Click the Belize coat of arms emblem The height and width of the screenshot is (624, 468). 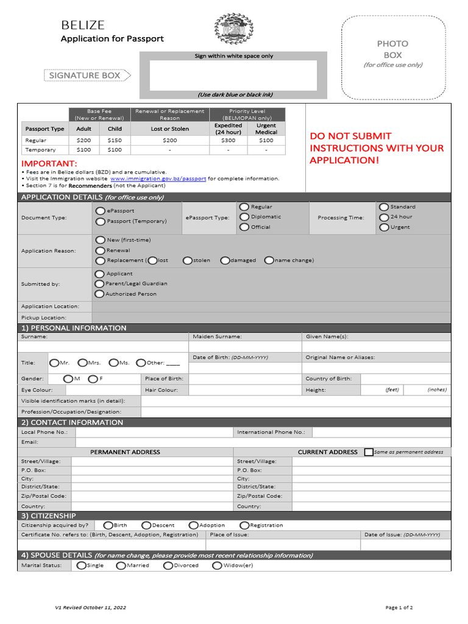coord(233,29)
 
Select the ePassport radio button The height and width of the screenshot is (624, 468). coord(100,211)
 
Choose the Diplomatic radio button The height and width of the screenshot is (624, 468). coord(244,216)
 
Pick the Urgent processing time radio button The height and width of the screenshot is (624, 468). coord(383,227)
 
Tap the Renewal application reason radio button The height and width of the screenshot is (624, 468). coord(100,250)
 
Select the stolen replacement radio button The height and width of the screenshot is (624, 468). coord(188,260)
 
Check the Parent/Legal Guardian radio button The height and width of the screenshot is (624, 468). coord(99,283)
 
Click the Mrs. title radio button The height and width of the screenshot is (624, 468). coord(83,363)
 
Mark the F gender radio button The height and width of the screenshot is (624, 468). coord(93,379)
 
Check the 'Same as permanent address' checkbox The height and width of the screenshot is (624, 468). coord(369,452)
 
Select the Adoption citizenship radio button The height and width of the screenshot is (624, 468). coord(193,525)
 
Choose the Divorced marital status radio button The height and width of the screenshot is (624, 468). coord(168,565)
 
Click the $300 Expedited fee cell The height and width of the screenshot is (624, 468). coord(228,140)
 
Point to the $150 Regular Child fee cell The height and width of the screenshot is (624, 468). coord(115,140)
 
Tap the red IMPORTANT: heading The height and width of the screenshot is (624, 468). coord(49,164)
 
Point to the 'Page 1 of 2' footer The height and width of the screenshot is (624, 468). coord(399,608)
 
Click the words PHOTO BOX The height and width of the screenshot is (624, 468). coord(392,49)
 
